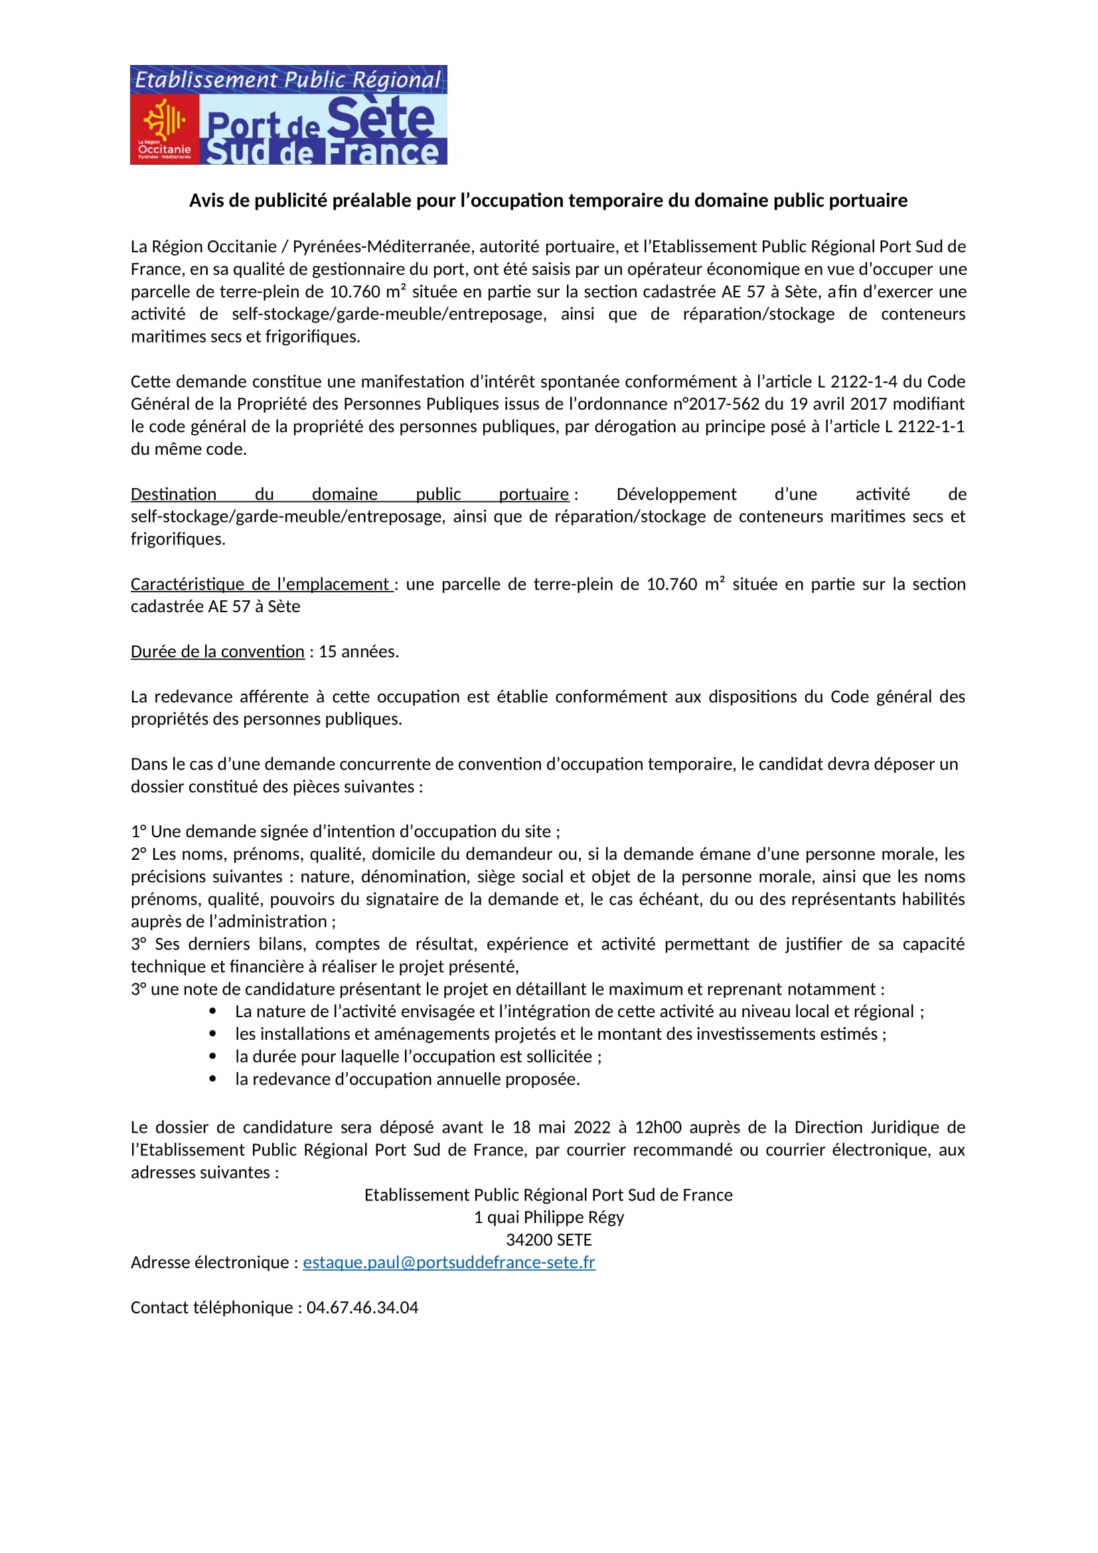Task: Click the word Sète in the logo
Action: click(x=380, y=118)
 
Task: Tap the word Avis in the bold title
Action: click(x=207, y=201)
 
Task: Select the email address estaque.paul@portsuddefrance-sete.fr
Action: click(x=449, y=1263)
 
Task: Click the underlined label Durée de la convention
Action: click(x=218, y=652)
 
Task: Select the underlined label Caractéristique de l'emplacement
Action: click(x=261, y=584)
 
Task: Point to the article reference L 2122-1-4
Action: click(x=858, y=382)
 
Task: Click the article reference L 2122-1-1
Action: click(x=924, y=427)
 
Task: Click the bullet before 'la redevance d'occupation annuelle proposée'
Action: click(x=213, y=1080)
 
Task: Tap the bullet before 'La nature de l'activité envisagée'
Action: click(x=213, y=1012)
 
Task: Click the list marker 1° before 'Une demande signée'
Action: click(x=139, y=832)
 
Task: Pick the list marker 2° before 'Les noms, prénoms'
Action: click(x=139, y=855)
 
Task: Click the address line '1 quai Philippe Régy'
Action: click(x=549, y=1218)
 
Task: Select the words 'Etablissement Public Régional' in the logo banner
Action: click(x=288, y=80)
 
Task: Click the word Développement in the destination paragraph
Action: click(x=676, y=495)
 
